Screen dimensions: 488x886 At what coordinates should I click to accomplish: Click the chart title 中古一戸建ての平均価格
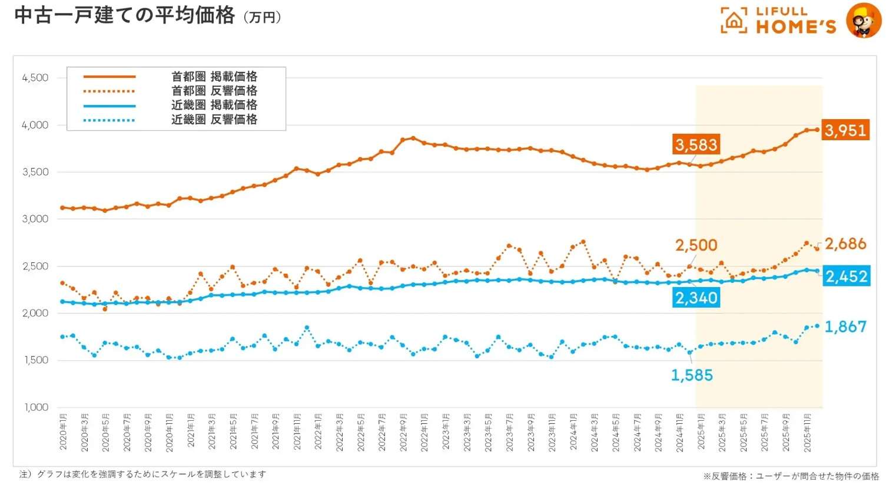click(x=124, y=15)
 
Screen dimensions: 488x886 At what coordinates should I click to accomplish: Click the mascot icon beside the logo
click(x=863, y=21)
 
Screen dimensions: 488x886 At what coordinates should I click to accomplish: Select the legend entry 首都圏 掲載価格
click(x=214, y=77)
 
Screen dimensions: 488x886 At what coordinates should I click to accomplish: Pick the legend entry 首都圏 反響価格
click(x=214, y=91)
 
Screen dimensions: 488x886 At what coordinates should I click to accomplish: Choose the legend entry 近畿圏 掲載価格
click(x=214, y=105)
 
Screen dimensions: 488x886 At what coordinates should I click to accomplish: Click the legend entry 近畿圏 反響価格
click(x=214, y=119)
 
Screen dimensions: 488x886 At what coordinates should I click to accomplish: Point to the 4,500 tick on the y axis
click(x=35, y=78)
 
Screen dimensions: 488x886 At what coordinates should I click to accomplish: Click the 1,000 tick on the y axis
click(x=36, y=407)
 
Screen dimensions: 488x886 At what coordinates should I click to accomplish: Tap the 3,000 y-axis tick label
click(x=35, y=219)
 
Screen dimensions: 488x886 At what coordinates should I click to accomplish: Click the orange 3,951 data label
click(x=845, y=130)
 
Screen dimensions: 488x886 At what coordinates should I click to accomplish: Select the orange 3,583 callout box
click(x=696, y=145)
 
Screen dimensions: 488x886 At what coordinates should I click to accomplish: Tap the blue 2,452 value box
click(x=846, y=276)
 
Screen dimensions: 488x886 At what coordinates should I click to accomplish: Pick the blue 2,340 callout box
click(x=696, y=298)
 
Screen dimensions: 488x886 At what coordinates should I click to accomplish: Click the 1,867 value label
click(x=845, y=327)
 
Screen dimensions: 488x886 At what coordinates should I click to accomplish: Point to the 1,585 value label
click(x=692, y=375)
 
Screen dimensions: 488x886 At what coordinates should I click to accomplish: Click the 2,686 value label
click(x=845, y=244)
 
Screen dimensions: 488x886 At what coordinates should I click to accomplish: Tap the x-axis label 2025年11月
click(x=807, y=433)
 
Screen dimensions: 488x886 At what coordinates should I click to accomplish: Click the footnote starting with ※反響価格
click(x=791, y=476)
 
